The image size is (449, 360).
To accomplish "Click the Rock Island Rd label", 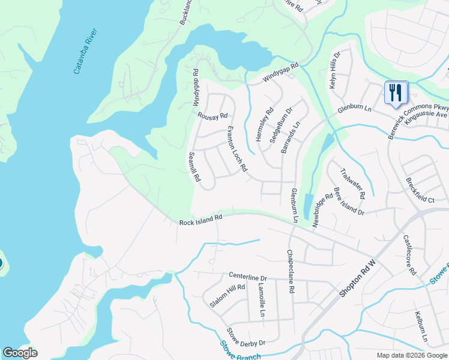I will pos(201,221).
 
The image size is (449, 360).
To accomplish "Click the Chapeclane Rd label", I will pos(291,271).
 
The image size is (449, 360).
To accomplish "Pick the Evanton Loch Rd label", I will pos(237,149).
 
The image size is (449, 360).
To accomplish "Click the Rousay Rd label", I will pos(213,116).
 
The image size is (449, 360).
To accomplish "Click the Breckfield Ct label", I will pos(420,190).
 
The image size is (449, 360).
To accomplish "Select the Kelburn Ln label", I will pos(420,328).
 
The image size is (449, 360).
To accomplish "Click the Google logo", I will pos(19,353).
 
